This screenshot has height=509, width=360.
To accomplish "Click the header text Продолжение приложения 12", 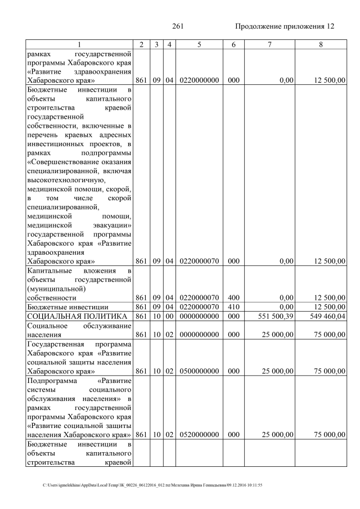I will point(285,26).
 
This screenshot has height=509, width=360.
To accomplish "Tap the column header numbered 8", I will point(320,44).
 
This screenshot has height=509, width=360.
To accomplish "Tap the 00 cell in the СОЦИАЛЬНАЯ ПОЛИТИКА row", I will point(168,317).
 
